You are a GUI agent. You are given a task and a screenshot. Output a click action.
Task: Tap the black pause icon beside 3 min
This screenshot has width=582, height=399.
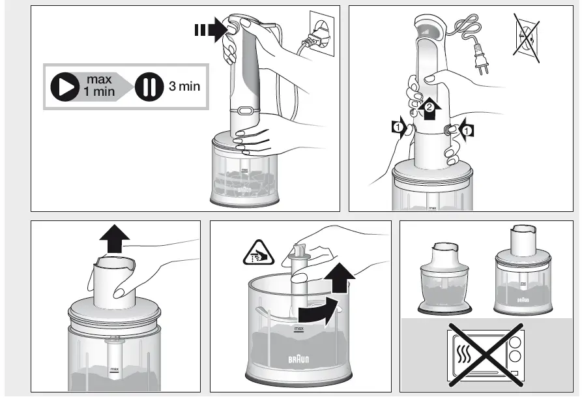pyautogui.click(x=149, y=87)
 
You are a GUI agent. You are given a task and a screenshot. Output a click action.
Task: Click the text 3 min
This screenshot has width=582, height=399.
pyautogui.click(x=184, y=86)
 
